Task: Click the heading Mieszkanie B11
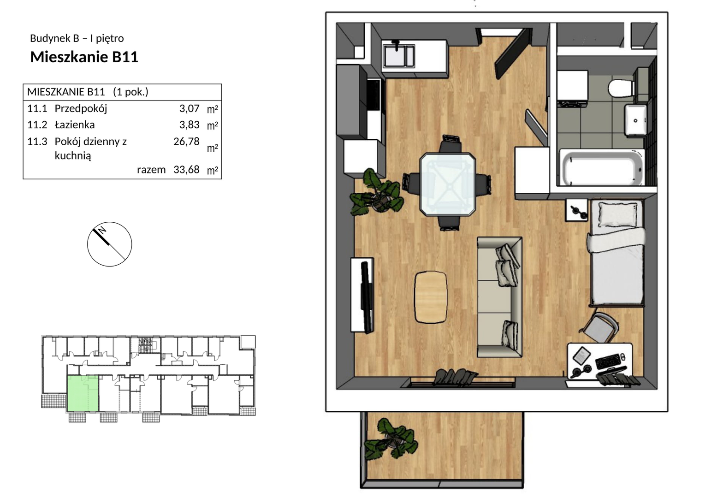(x=84, y=57)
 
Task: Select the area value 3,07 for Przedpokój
(x=189, y=108)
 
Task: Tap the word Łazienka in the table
(x=75, y=125)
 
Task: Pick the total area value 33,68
(x=186, y=169)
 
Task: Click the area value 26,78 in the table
(x=186, y=142)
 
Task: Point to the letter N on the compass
(x=102, y=231)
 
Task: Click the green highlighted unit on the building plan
(x=82, y=394)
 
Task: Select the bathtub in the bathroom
(x=602, y=167)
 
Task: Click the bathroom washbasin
(x=636, y=120)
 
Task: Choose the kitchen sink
(x=399, y=56)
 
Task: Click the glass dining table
(x=447, y=184)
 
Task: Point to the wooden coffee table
(x=431, y=297)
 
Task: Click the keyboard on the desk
(x=608, y=361)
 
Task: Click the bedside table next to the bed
(x=577, y=210)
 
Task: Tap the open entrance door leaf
(x=513, y=53)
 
